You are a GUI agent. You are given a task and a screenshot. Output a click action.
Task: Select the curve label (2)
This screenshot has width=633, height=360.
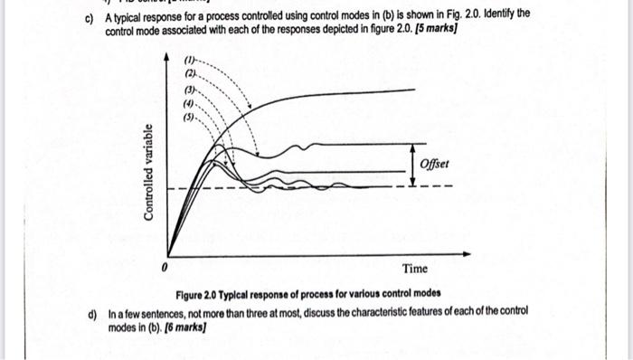pyautogui.click(x=191, y=75)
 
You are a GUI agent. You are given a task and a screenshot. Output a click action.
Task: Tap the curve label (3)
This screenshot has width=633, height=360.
pyautogui.click(x=191, y=91)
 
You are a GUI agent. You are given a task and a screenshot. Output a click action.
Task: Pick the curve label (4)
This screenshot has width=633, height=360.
pyautogui.click(x=191, y=104)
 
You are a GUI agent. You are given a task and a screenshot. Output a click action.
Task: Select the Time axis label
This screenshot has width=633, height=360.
pyautogui.click(x=416, y=269)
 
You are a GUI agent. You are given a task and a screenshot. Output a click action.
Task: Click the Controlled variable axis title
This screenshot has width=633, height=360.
pyautogui.click(x=147, y=172)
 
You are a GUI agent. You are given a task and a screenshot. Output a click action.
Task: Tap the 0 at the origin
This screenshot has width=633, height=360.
pyautogui.click(x=165, y=269)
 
